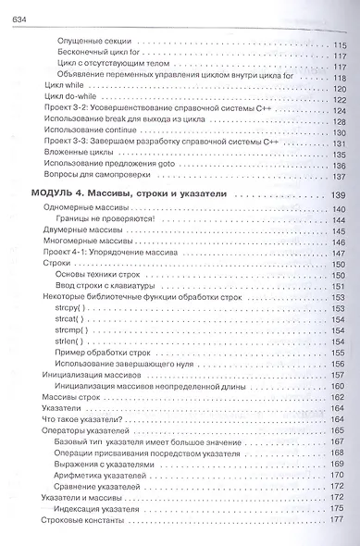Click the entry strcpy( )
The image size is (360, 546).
tap(73, 306)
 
